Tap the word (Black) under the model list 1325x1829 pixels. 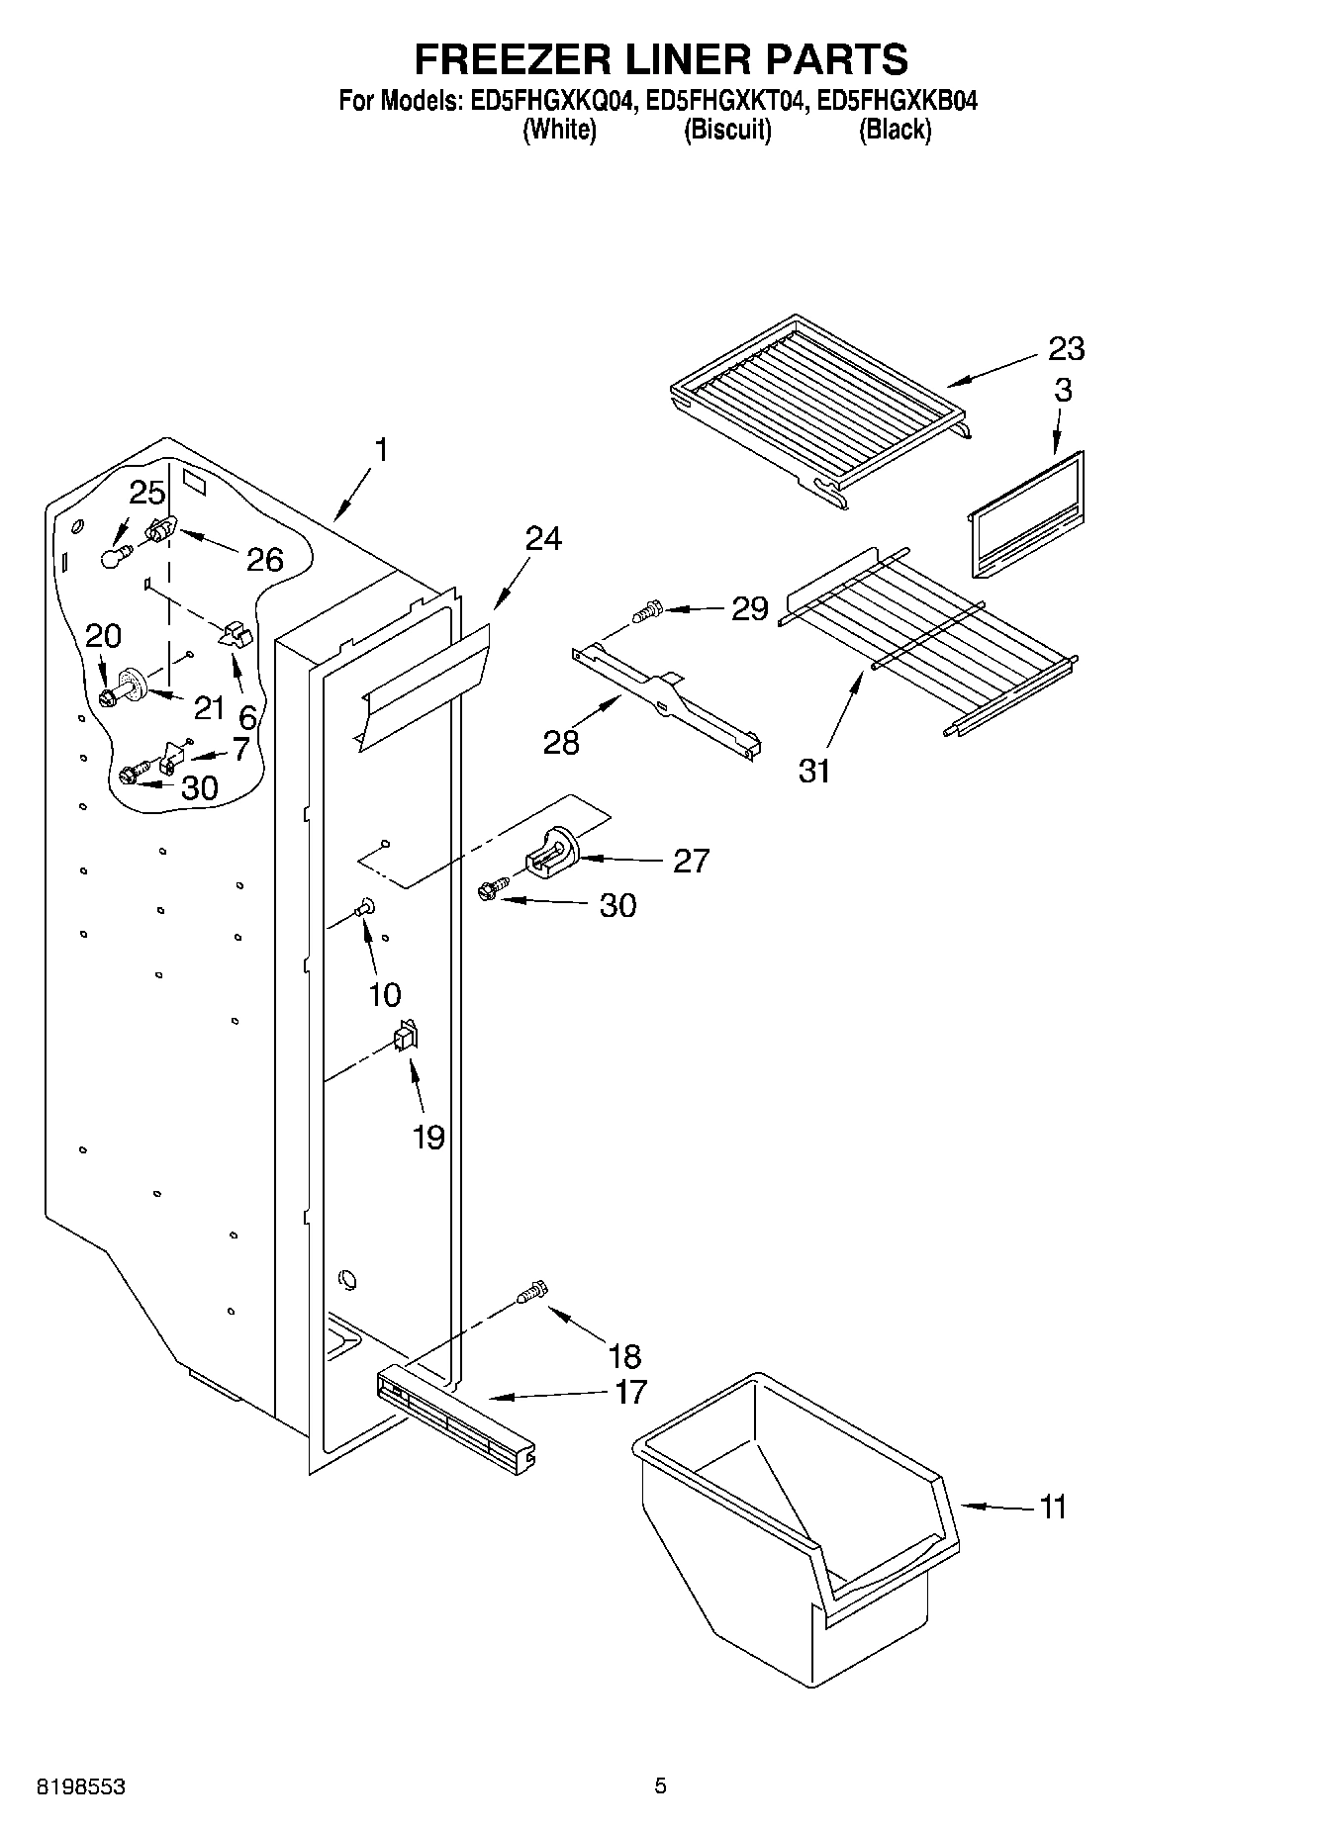point(895,130)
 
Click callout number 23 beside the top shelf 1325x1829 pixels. point(1066,348)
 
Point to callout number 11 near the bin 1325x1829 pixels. point(1053,1508)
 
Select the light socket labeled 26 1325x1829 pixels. point(160,532)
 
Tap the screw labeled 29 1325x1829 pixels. point(648,610)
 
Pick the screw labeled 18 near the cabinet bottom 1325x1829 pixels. point(531,1292)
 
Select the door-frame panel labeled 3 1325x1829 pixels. point(1026,514)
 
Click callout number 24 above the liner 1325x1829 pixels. point(542,539)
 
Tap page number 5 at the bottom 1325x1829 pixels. point(660,1786)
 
